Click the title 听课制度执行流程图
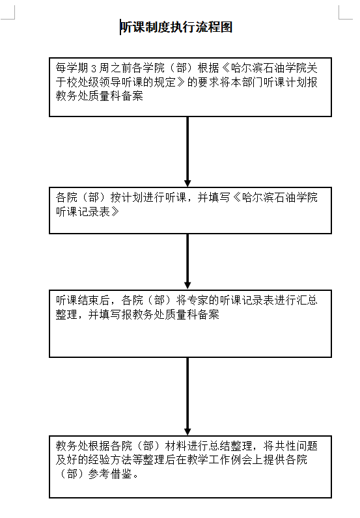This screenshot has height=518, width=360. coord(176,27)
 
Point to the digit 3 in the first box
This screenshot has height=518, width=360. coord(94,68)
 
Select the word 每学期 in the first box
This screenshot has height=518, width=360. coord(72,68)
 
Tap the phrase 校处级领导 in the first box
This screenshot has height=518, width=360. coord(94,82)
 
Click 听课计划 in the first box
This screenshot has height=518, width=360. coord(285,82)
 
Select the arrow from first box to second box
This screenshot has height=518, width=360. coord(187,152)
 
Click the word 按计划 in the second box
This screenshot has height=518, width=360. coord(126,198)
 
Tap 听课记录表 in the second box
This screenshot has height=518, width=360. coord(83,211)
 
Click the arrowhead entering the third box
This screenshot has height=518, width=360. coord(187,286)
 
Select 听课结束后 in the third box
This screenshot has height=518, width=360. coord(83,300)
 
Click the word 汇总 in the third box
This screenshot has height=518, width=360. coord(307,300)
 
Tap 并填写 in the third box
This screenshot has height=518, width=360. coord(105,314)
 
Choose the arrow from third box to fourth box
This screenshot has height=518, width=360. coord(187,396)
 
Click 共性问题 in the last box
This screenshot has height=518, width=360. coord(290,446)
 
